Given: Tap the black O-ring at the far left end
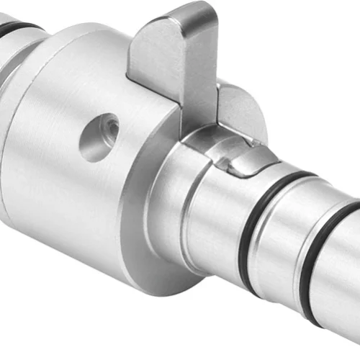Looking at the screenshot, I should pos(18,29).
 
